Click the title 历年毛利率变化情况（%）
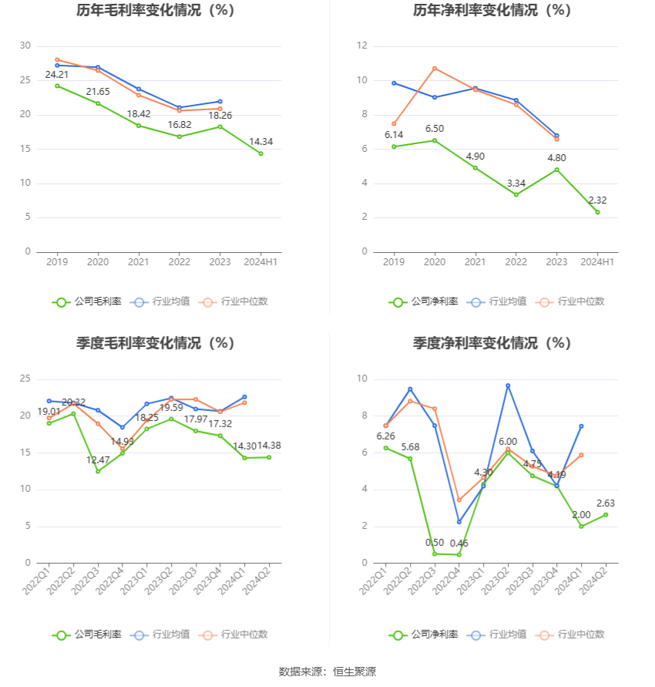click(x=156, y=11)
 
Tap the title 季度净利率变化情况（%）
click(x=492, y=343)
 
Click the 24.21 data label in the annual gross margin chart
click(x=57, y=75)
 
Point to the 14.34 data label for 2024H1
click(x=260, y=142)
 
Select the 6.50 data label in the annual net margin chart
click(x=434, y=129)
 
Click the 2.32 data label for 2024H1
click(x=597, y=200)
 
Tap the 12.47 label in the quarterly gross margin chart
click(x=98, y=460)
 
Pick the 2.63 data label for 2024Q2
click(x=605, y=503)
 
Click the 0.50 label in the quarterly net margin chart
click(x=435, y=542)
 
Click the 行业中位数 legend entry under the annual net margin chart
click(x=571, y=301)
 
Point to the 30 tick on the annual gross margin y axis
click(x=25, y=46)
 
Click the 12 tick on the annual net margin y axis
click(x=361, y=46)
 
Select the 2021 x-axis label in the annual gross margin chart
click(x=139, y=262)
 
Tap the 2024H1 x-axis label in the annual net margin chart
click(x=597, y=262)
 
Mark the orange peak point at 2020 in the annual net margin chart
click(x=435, y=69)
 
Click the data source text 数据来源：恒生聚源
click(x=327, y=672)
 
